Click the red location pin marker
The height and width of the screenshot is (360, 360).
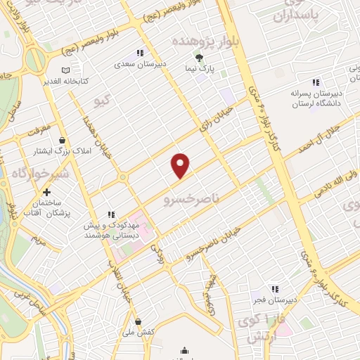pyautogui.click(x=181, y=165)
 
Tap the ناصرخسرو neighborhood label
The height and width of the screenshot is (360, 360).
pyautogui.click(x=188, y=200)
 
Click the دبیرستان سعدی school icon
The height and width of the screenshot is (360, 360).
pyautogui.click(x=139, y=53)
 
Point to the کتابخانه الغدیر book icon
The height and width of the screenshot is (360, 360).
pyautogui.click(x=65, y=71)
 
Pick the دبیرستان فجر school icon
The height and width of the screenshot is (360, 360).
pyautogui.click(x=274, y=288)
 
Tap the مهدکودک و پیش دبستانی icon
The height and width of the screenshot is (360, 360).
pyautogui.click(x=110, y=214)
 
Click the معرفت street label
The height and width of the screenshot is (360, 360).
pyautogui.click(x=40, y=130)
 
